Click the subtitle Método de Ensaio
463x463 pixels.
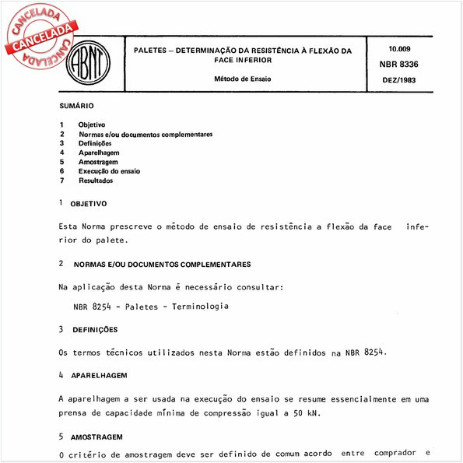pyautogui.click(x=244, y=79)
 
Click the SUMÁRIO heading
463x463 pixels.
pyautogui.click(x=76, y=106)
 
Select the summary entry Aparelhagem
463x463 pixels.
pyautogui.click(x=100, y=153)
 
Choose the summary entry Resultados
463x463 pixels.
pyautogui.click(x=96, y=181)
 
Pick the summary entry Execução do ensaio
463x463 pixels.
pyautogui.click(x=109, y=171)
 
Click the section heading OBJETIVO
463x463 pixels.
pyautogui.click(x=89, y=203)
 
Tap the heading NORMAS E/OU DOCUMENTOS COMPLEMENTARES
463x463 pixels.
pyautogui.click(x=160, y=265)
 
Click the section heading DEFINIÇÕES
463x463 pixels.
pyautogui.click(x=94, y=330)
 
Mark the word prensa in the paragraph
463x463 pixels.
pyautogui.click(x=75, y=413)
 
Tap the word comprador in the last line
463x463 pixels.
pyautogui.click(x=393, y=454)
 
